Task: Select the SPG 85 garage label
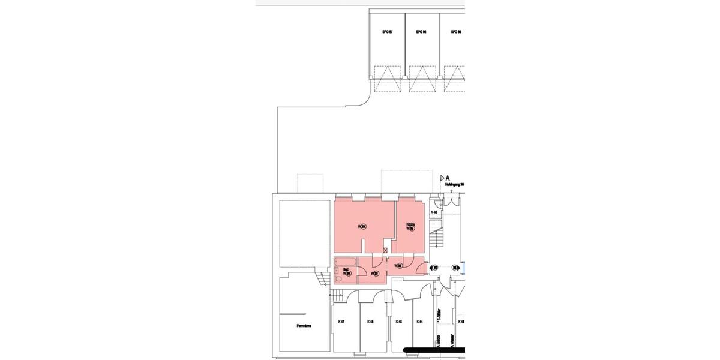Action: tap(455, 32)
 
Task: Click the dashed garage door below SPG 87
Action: tap(387, 79)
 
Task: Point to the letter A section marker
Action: tap(448, 178)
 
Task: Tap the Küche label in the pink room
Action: tap(410, 224)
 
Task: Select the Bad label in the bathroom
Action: tap(346, 269)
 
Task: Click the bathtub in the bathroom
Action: tap(345, 262)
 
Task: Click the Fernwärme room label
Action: tap(304, 326)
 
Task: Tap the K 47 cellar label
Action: tap(341, 322)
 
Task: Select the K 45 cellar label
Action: tap(398, 322)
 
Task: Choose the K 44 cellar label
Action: tap(420, 322)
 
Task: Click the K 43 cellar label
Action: tap(461, 322)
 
